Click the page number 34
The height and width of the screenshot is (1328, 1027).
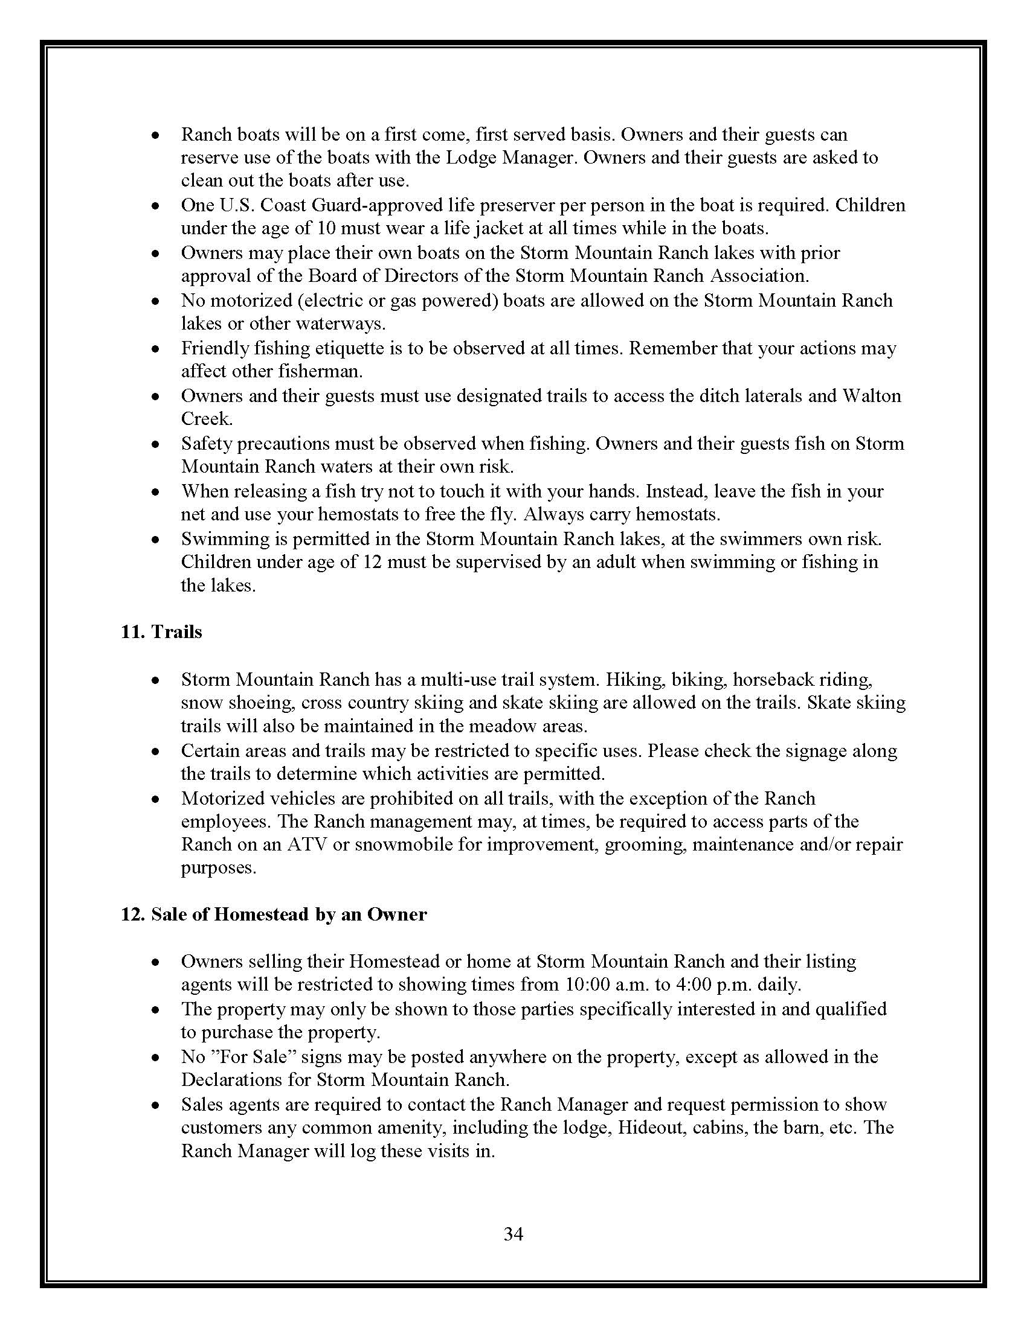pos(513,1234)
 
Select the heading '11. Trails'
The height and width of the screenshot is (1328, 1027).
pos(161,632)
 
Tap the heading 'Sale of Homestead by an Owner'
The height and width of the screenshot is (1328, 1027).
pos(288,915)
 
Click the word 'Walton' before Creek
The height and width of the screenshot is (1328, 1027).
pos(871,396)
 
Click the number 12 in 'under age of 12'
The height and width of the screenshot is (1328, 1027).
pos(372,562)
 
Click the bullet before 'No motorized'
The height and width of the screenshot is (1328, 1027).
pos(156,301)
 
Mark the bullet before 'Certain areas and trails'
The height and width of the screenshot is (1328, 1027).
pos(156,752)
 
